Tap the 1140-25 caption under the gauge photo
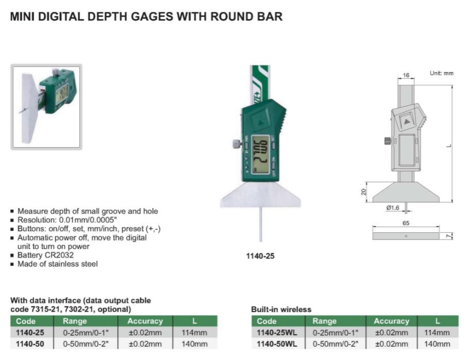tap(260, 256)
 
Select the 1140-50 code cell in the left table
tap(30, 344)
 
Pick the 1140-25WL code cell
tap(277, 333)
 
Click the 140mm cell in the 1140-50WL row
tap(437, 344)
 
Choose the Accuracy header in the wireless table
tap(392, 321)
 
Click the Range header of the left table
tap(75, 321)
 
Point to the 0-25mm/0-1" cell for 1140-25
tap(86, 333)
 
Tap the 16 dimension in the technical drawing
tap(406, 75)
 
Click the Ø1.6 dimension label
tap(393, 208)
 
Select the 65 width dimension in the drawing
tap(406, 223)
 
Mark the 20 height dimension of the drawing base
tap(364, 192)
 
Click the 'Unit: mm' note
tap(441, 73)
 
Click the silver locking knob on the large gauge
tap(237, 144)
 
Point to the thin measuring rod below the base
tap(260, 224)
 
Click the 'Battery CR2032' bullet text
tap(45, 255)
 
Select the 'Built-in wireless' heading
tap(281, 309)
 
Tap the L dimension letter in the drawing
tap(449, 146)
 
